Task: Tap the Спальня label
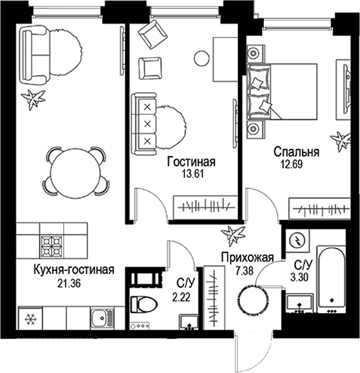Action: pos(296,153)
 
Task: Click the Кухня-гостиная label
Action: pos(66,270)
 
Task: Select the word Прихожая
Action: pos(245,257)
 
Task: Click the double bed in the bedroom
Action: pos(283,90)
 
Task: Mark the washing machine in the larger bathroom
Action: pos(299,239)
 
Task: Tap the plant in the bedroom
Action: pos(339,138)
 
